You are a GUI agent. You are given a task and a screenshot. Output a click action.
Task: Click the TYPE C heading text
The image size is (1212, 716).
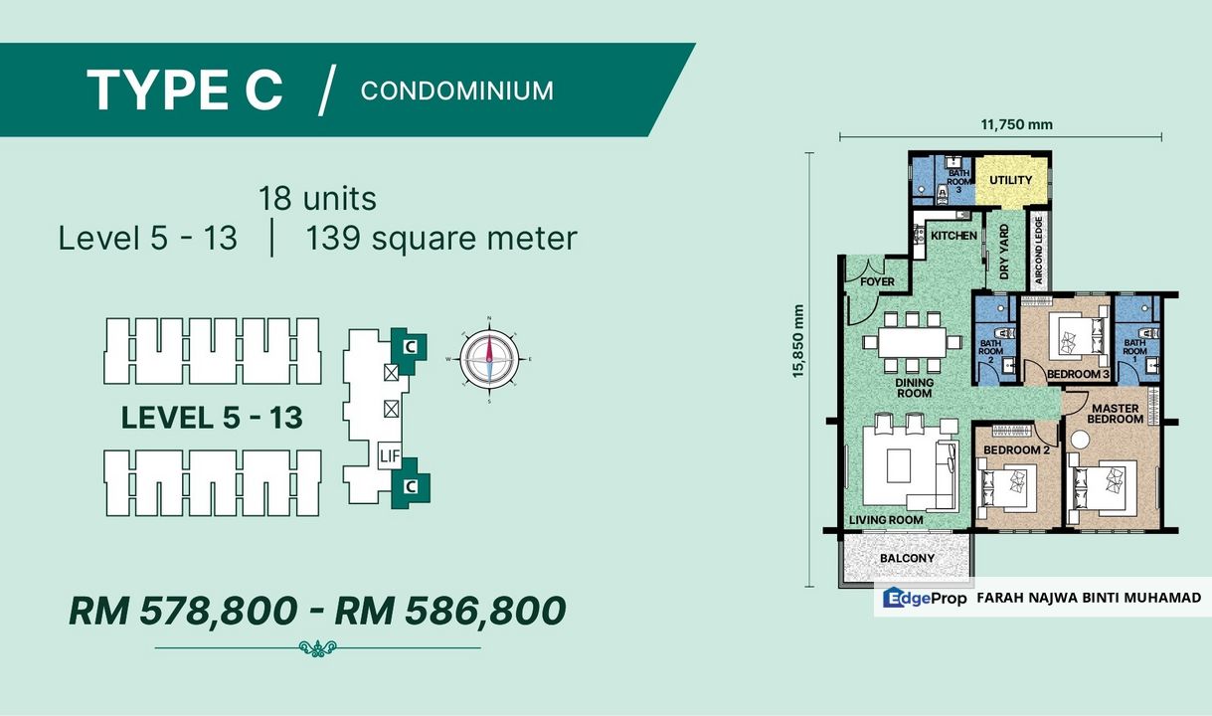tap(185, 90)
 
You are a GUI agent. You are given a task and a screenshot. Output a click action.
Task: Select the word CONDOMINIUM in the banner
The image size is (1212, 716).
tap(456, 90)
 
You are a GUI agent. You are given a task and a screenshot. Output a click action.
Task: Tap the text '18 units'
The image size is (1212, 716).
tap(317, 198)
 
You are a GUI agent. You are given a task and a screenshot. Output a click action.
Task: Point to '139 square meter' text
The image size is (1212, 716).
tap(441, 239)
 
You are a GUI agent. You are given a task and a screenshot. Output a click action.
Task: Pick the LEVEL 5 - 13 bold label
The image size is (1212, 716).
tap(211, 418)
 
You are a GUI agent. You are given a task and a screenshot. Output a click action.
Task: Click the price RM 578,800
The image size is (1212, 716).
tap(182, 610)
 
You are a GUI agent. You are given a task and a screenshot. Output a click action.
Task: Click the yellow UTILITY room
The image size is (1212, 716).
tap(1010, 181)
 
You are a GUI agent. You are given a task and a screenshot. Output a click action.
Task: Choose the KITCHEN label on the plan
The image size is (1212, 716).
tap(953, 236)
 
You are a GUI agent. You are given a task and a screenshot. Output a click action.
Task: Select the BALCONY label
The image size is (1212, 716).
tap(907, 558)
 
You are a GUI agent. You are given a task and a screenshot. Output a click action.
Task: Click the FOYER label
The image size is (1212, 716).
tap(876, 281)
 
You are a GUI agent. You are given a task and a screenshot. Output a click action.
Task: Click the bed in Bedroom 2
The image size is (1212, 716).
tap(1007, 485)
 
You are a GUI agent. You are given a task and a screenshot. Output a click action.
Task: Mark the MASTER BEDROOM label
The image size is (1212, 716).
tap(1116, 413)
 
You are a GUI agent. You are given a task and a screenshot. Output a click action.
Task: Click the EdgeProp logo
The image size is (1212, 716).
tap(924, 598)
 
